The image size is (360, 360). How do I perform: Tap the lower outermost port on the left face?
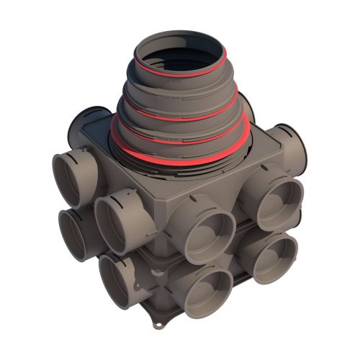coord(76,233)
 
